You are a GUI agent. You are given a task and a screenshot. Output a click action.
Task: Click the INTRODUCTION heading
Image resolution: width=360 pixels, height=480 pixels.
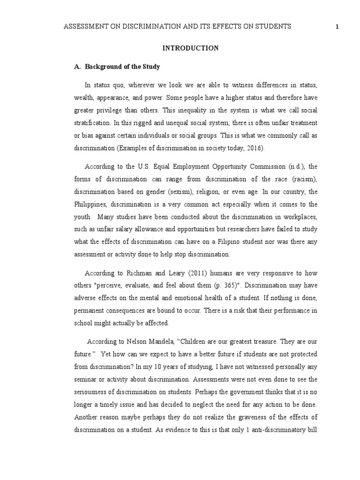click(190, 48)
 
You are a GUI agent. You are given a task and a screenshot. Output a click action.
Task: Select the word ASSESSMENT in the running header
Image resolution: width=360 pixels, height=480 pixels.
click(82, 27)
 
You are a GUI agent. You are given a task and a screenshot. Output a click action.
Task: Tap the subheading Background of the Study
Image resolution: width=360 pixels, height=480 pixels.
click(122, 67)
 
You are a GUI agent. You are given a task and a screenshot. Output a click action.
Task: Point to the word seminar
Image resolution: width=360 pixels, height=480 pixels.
click(86, 380)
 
